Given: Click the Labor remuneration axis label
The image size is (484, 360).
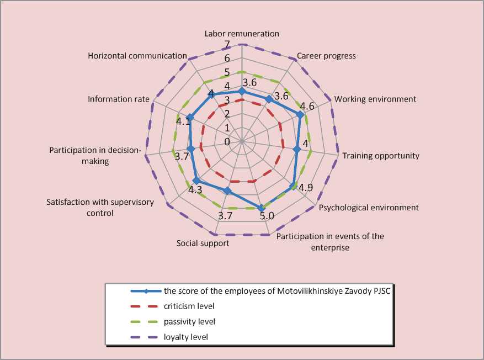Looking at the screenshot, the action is coord(242,34).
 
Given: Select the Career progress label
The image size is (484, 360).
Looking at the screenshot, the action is coord(326,56).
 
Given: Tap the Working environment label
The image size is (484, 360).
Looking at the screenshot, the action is coord(375,99).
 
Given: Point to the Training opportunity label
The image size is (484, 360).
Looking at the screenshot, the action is coord(381,156).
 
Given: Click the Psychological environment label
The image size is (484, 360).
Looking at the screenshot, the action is coord(369,208).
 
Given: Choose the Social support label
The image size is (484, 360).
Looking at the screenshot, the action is coord(203,243).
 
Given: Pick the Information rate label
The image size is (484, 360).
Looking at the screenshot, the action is coord(119,99).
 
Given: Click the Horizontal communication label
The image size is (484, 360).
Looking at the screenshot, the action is coord(137,56).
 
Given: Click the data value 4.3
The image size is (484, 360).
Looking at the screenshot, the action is coord(195,190).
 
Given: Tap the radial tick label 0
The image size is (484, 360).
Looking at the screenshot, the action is coord(227,141).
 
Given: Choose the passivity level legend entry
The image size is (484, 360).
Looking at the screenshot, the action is coord(189,321).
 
